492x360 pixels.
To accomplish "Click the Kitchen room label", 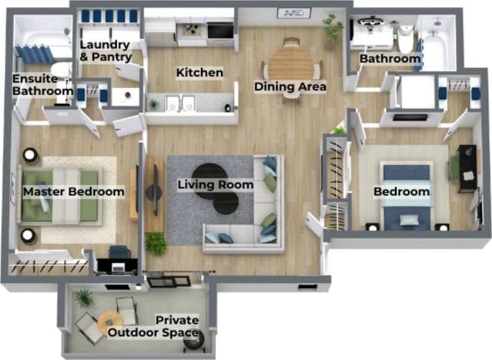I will (200, 73).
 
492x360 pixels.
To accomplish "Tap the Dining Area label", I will (290, 87).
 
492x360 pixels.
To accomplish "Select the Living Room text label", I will (216, 185).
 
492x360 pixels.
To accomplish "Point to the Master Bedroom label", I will (73, 191).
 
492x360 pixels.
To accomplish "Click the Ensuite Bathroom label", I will (43, 85).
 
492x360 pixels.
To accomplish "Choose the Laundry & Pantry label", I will (105, 51).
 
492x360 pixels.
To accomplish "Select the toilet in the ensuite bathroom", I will (61, 69).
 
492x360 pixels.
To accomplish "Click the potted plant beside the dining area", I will (333, 28).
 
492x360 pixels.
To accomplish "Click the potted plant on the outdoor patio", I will (84, 298).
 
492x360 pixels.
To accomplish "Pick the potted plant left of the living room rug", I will (156, 242).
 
